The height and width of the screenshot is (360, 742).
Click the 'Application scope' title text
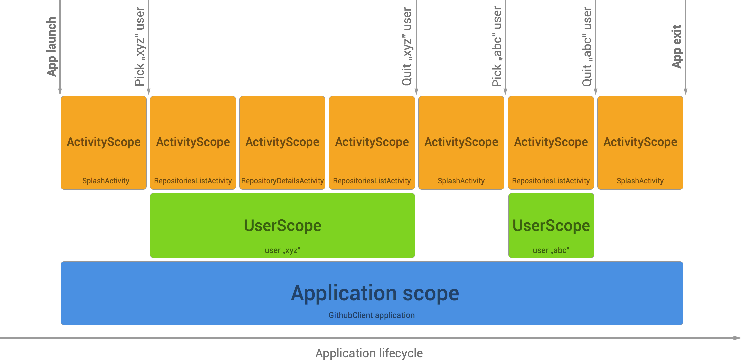[375, 293]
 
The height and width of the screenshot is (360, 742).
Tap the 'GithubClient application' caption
[371, 315]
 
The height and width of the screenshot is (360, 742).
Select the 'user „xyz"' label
[282, 250]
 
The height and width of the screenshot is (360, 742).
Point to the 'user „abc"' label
[551, 250]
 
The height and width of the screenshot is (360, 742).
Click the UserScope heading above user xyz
[282, 226]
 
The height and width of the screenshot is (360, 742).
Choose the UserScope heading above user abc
[551, 226]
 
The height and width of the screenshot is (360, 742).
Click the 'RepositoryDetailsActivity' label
[282, 181]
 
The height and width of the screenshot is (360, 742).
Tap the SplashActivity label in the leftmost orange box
[106, 181]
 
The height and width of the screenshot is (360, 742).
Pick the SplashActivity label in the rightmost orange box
[640, 181]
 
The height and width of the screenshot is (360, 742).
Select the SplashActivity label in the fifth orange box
[461, 181]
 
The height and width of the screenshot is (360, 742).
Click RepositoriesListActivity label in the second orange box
[193, 181]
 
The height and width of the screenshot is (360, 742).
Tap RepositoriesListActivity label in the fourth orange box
[372, 181]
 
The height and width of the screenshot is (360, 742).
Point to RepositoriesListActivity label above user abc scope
[551, 181]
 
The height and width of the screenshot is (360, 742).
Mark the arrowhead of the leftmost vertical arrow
[60, 92]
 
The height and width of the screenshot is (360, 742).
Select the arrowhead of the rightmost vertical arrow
[685, 92]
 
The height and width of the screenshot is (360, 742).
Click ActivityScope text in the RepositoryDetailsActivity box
[282, 142]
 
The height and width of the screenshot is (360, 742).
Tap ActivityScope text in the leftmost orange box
[104, 142]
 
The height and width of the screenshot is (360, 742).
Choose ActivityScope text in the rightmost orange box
[640, 142]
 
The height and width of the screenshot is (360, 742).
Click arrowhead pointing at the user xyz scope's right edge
[416, 92]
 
